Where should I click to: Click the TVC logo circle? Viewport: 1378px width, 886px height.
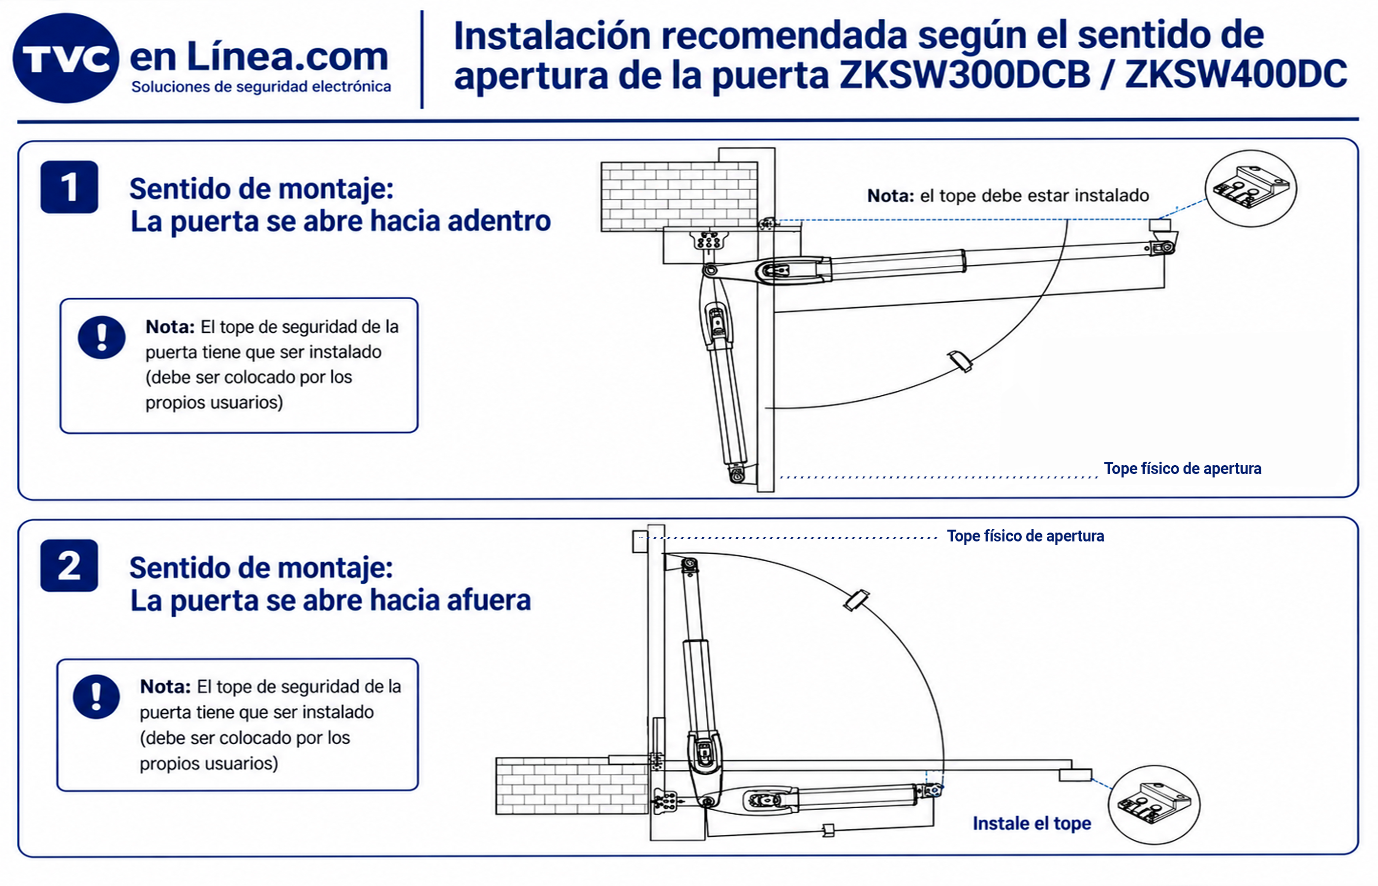tap(65, 58)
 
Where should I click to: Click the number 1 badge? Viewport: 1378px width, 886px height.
tap(69, 187)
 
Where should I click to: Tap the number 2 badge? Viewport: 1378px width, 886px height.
tap(69, 566)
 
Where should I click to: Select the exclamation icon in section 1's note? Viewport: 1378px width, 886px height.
tap(102, 338)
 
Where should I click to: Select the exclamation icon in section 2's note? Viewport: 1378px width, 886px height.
tap(96, 696)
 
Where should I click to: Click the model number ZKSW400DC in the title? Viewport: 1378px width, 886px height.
tap(1235, 74)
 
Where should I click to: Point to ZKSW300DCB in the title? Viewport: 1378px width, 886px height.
tap(965, 74)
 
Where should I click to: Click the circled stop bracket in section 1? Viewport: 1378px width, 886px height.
tap(1251, 189)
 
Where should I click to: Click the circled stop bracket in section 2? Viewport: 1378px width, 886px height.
tap(1154, 805)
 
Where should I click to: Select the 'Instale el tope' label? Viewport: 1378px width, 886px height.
tap(1032, 823)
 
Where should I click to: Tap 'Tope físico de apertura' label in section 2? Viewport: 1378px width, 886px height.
tap(1026, 536)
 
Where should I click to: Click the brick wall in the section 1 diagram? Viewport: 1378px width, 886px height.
tap(679, 196)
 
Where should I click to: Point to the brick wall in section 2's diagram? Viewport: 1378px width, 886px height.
tap(573, 786)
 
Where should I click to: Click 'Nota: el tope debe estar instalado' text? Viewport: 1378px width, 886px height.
tap(1008, 195)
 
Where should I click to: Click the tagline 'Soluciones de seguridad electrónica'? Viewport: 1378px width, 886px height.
tap(261, 87)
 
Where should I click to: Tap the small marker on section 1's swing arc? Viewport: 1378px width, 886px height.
tap(961, 361)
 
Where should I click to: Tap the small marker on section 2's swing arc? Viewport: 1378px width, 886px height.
tap(856, 600)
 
